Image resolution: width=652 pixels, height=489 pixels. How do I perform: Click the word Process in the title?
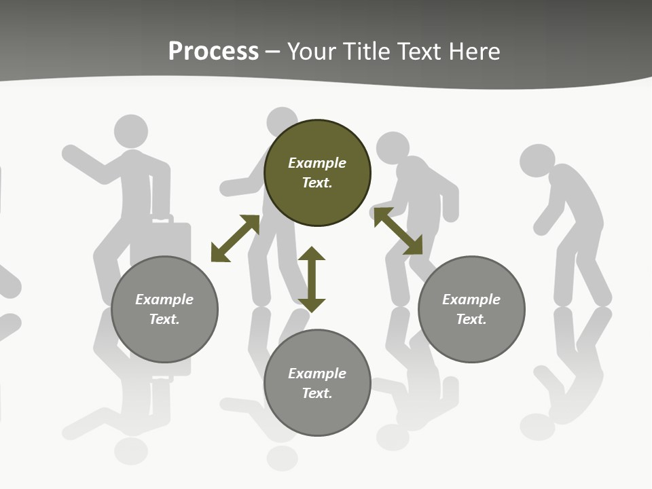click(213, 52)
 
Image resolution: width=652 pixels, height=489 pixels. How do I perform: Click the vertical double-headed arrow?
click(312, 279)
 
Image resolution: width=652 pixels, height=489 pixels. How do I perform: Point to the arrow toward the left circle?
click(235, 238)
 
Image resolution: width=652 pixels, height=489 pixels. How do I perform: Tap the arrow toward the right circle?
click(397, 231)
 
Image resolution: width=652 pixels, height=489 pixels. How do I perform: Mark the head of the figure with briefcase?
click(131, 131)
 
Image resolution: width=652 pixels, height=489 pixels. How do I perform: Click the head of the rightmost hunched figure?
click(537, 161)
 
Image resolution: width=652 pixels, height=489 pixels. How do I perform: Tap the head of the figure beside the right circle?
click(393, 147)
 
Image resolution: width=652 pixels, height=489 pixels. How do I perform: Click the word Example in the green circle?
click(317, 163)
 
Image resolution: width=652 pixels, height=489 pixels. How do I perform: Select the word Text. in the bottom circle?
click(317, 393)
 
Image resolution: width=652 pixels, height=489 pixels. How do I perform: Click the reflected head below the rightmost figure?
click(537, 426)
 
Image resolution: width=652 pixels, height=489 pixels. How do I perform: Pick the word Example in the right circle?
click(471, 300)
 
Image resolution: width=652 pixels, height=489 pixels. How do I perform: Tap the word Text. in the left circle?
click(164, 319)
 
